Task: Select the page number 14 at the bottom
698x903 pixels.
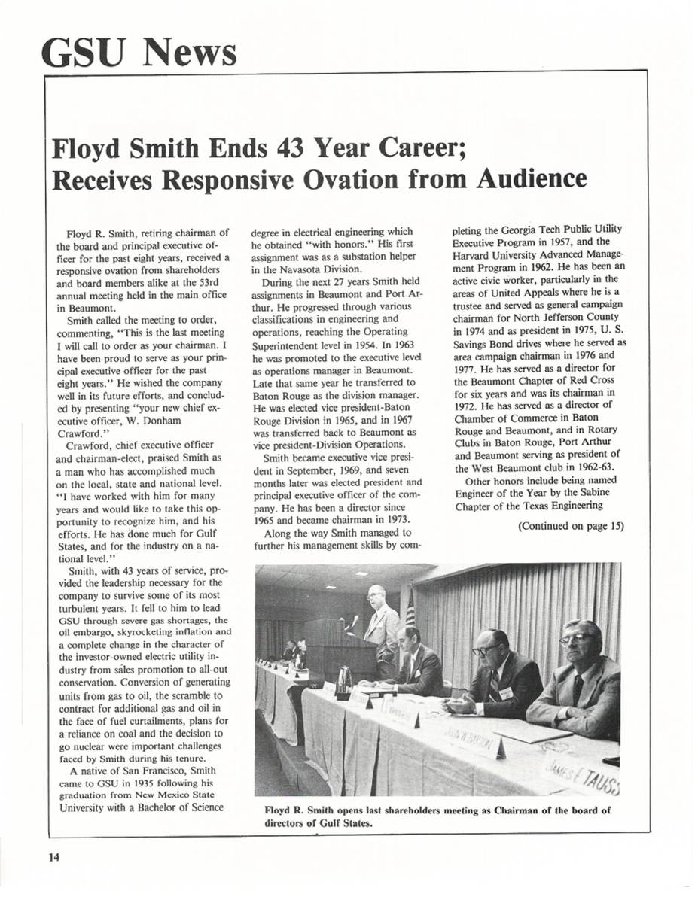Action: click(54, 858)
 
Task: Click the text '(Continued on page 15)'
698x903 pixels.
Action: click(572, 526)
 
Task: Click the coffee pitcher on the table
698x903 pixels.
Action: click(344, 680)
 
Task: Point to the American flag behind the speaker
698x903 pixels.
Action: click(410, 608)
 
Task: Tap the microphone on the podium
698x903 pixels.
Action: click(354, 622)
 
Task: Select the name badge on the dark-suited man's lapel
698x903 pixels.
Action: click(505, 692)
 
